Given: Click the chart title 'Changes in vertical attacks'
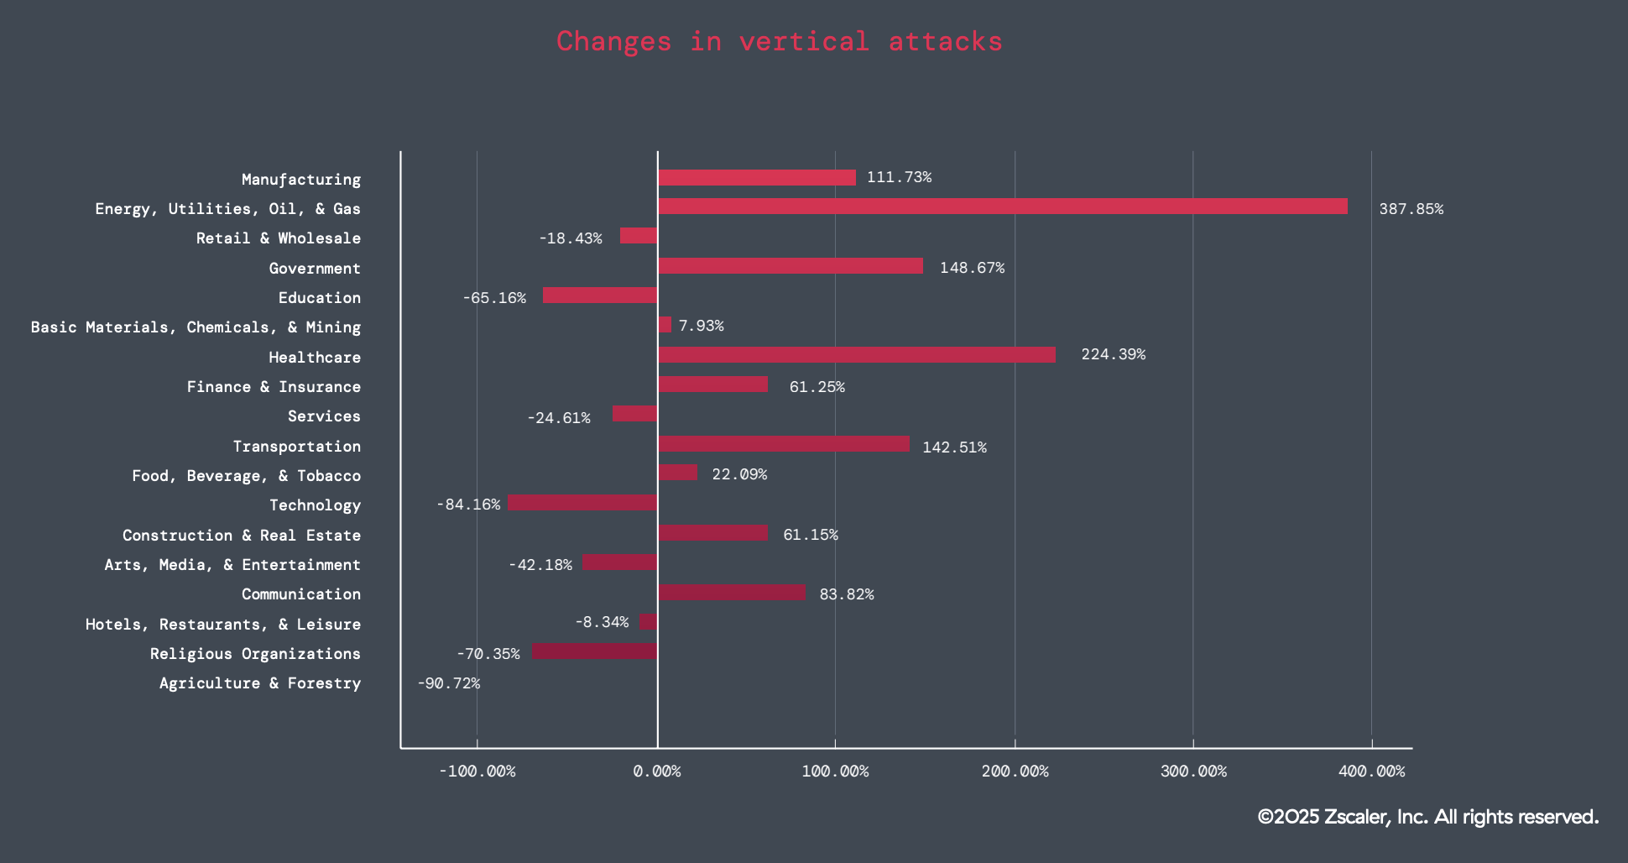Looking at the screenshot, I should pyautogui.click(x=779, y=41).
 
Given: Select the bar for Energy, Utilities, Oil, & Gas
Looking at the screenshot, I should pyautogui.click(x=1003, y=207).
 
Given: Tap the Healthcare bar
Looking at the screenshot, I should pyautogui.click(x=857, y=355).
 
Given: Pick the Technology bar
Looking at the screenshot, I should pyautogui.click(x=582, y=503).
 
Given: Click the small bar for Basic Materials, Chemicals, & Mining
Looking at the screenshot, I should pyautogui.click(x=665, y=325).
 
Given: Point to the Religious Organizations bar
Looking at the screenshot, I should pyautogui.click(x=594, y=651).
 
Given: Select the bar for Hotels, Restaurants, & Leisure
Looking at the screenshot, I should pyautogui.click(x=648, y=622).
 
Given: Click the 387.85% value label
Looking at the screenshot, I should pyautogui.click(x=1411, y=209).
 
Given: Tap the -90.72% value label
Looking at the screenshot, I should pyautogui.click(x=449, y=683).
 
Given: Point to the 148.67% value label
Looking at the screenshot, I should pyautogui.click(x=972, y=268).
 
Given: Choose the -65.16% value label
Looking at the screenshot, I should pyautogui.click(x=494, y=298).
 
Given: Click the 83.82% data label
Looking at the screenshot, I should pyautogui.click(x=846, y=594).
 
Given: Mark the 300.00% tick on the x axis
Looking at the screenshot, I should pyautogui.click(x=1193, y=771).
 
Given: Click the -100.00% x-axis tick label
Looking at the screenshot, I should pyautogui.click(x=477, y=771).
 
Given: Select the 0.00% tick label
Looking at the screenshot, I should pyautogui.click(x=657, y=771).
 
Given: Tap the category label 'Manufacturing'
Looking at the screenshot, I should pyautogui.click(x=301, y=180).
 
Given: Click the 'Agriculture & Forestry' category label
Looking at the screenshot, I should pyautogui.click(x=260, y=683).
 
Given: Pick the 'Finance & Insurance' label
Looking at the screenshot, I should pyautogui.click(x=274, y=387).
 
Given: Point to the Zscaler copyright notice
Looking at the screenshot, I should pyautogui.click(x=1427, y=817).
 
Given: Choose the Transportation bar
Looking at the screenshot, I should pyautogui.click(x=784, y=444).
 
